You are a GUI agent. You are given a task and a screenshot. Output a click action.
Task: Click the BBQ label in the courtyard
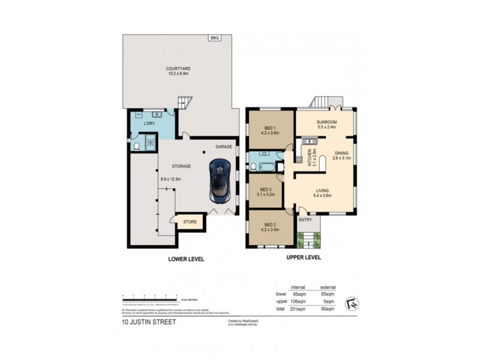click(214, 38)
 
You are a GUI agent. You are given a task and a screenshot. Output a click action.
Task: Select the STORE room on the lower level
click(190, 222)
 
